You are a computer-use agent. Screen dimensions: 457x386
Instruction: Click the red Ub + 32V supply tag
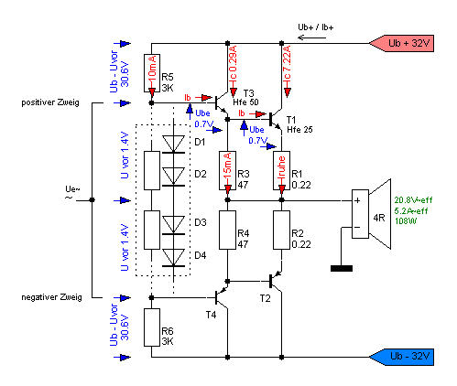tap(402, 43)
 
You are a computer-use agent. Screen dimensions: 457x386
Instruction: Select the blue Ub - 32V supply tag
tap(402, 357)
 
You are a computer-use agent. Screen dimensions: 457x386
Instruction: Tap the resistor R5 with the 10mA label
tap(152, 73)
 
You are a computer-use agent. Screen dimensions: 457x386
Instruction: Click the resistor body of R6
tap(152, 327)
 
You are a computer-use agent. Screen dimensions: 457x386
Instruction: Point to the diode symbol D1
tap(173, 144)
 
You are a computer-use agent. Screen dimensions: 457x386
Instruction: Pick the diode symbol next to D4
tap(173, 258)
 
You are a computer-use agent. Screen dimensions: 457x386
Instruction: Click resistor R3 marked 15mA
tap(227, 170)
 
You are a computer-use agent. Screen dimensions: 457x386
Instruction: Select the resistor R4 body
tap(227, 230)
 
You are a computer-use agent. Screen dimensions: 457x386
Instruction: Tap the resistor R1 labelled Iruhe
tap(281, 170)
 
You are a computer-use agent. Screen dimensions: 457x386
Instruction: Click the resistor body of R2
tap(281, 230)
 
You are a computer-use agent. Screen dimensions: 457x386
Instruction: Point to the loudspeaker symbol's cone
tap(380, 214)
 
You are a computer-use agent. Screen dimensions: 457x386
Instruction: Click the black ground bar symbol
tap(342, 268)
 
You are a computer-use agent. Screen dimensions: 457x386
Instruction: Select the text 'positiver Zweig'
tap(50, 102)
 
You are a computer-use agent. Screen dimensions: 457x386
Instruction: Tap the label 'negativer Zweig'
tap(51, 297)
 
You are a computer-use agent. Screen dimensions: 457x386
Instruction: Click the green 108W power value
tap(406, 221)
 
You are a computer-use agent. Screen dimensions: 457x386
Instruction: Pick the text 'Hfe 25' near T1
tap(299, 130)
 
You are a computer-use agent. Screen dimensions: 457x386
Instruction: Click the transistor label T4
tap(211, 315)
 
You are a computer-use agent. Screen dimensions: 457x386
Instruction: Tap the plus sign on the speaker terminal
tap(357, 200)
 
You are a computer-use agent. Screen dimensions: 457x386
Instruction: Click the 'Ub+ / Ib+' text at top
tap(316, 27)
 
